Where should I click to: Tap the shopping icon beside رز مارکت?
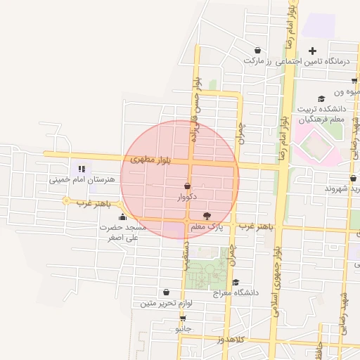point(258,50)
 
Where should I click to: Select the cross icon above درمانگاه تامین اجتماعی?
point(313,50)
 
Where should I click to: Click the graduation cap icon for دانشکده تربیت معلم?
point(322,99)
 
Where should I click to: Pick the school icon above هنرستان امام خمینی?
point(82,169)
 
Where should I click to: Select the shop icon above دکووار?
point(187,186)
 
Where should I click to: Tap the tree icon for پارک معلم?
point(206,216)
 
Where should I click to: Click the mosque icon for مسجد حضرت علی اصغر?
point(122,217)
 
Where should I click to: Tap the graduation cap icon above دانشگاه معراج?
point(236,281)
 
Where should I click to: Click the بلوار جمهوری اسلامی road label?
point(278,281)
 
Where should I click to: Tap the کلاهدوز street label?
point(229,340)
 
